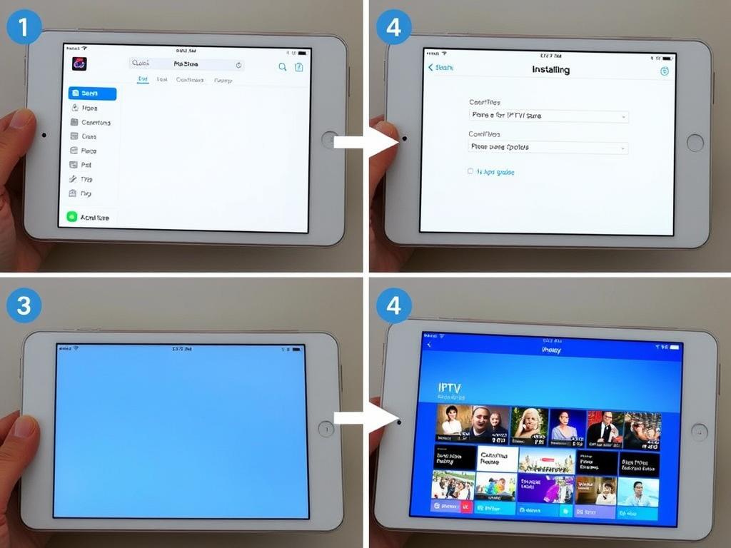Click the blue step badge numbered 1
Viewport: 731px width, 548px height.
tap(24, 27)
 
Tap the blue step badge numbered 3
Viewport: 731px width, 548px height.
tap(24, 305)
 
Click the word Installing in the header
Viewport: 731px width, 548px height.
tap(550, 70)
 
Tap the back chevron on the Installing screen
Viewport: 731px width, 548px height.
tap(430, 68)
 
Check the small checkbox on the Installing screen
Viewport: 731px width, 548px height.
tap(470, 172)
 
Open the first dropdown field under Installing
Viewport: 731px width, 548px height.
tap(548, 116)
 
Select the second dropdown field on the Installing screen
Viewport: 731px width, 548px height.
tap(548, 148)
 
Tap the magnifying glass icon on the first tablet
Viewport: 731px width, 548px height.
tap(282, 67)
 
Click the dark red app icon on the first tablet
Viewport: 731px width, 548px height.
tap(79, 64)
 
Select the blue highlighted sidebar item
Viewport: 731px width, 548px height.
tap(92, 93)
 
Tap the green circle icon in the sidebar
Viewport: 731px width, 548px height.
tap(71, 217)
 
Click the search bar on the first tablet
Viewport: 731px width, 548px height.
tap(186, 64)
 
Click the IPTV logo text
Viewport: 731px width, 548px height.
tap(450, 388)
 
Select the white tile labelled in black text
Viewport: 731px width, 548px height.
tap(496, 459)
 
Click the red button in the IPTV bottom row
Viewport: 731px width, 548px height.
tap(465, 507)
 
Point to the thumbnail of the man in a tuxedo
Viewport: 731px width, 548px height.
tap(604, 428)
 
